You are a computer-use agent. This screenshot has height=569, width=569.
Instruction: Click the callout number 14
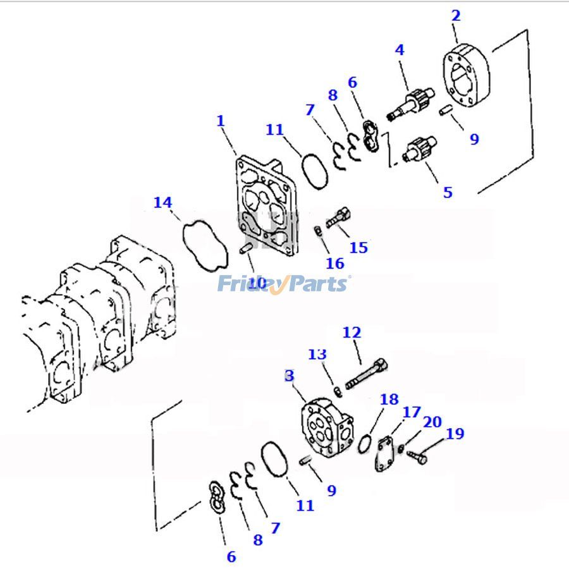pos(162,203)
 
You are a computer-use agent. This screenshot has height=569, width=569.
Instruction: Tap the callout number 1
pos(220,120)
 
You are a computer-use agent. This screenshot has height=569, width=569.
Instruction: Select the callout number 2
pos(456,16)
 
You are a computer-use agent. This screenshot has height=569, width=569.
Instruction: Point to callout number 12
pos(352,331)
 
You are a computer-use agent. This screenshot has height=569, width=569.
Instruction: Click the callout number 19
pos(455,434)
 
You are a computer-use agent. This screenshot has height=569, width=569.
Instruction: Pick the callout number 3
pos(290,376)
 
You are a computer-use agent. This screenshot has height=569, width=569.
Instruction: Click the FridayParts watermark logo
pos(283,283)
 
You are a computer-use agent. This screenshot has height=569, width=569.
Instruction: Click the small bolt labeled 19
pos(417,456)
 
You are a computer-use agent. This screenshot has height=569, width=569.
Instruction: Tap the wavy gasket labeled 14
pos(204,243)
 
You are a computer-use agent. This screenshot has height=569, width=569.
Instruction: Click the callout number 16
pos(335,263)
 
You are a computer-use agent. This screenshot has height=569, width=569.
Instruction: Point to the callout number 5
pos(448,192)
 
